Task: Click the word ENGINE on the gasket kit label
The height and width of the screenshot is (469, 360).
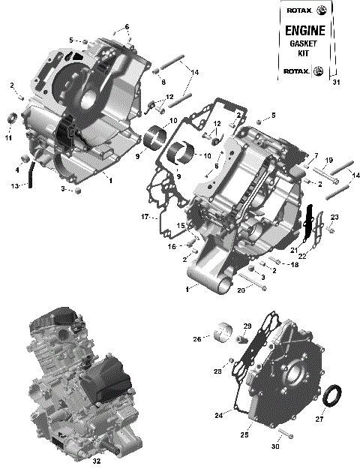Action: [x=305, y=31]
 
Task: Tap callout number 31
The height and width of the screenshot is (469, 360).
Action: [x=336, y=83]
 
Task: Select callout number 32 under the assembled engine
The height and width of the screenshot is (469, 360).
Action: [x=96, y=461]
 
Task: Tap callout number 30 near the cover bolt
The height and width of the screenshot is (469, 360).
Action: [x=275, y=446]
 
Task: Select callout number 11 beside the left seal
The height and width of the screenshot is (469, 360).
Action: [x=8, y=137]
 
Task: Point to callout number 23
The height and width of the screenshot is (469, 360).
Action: [x=334, y=218]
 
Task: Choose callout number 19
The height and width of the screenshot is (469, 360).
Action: [x=328, y=161]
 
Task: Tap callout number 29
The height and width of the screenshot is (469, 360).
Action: [x=247, y=325]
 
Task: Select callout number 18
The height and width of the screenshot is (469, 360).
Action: [x=295, y=265]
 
